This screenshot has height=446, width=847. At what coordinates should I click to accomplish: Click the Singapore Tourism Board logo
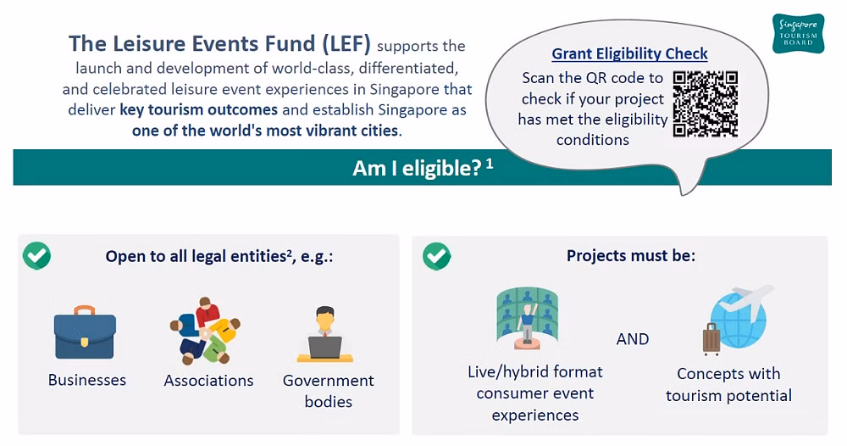pyautogui.click(x=798, y=34)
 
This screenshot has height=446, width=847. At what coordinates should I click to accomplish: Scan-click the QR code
pyautogui.click(x=705, y=103)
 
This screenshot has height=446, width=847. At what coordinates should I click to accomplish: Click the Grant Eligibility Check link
pyautogui.click(x=629, y=53)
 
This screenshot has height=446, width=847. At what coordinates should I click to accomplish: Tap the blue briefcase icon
pyautogui.click(x=85, y=332)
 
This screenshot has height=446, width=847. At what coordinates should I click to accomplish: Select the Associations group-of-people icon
pyautogui.click(x=205, y=331)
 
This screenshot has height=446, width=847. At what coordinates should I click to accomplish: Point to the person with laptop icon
pyautogui.click(x=325, y=334)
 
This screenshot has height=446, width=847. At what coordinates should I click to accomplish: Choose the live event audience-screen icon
pyautogui.click(x=527, y=319)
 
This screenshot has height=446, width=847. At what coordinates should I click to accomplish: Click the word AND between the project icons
pyautogui.click(x=633, y=339)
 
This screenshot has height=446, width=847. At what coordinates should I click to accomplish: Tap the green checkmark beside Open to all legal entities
pyautogui.click(x=36, y=256)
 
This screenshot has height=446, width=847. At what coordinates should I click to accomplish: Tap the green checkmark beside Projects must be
pyautogui.click(x=436, y=256)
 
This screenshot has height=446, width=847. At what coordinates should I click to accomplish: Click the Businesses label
pyautogui.click(x=87, y=380)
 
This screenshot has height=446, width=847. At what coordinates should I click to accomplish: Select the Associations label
pyautogui.click(x=208, y=381)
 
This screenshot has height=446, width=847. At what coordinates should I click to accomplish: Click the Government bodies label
pyautogui.click(x=329, y=391)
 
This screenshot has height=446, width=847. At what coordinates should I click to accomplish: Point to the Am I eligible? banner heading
pyautogui.click(x=417, y=168)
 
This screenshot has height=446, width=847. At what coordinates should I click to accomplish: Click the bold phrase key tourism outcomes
pyautogui.click(x=199, y=109)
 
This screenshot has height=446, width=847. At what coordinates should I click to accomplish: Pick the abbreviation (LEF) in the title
pyautogui.click(x=346, y=44)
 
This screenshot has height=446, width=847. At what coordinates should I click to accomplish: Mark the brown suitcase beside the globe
pyautogui.click(x=711, y=339)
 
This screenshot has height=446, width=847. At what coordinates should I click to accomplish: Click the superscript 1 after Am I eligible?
pyautogui.click(x=490, y=163)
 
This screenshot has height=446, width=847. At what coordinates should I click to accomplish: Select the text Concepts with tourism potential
pyautogui.click(x=728, y=384)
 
